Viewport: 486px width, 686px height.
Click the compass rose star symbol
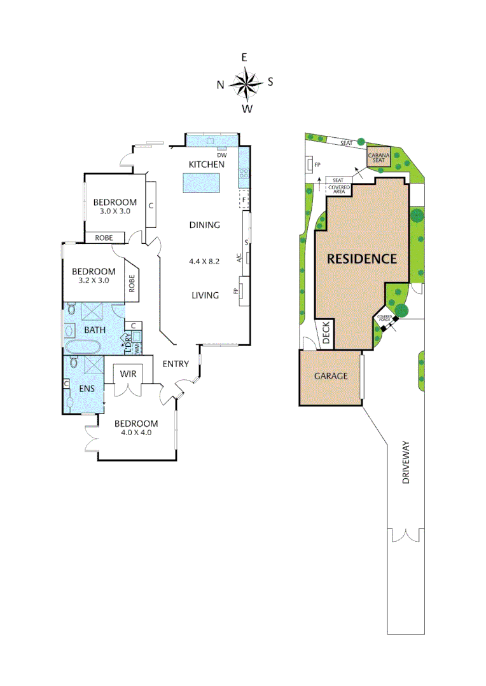(x=246, y=83)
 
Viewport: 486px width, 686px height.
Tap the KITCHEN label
(x=206, y=165)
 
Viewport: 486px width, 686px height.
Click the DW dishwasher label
(x=222, y=155)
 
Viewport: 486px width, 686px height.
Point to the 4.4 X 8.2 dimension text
(x=204, y=260)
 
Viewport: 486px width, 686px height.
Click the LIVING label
(x=205, y=295)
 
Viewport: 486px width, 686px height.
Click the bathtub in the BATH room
(x=82, y=347)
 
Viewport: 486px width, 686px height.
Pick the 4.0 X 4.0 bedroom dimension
(x=135, y=433)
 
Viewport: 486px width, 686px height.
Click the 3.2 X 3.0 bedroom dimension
(x=94, y=280)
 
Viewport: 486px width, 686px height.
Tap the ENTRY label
(x=176, y=364)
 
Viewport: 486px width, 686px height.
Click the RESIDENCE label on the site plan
(x=361, y=259)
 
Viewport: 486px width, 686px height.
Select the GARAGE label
(x=331, y=376)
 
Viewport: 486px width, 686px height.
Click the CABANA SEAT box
(x=379, y=158)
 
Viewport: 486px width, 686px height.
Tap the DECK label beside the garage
(x=326, y=333)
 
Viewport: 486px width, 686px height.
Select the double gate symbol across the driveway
(x=406, y=535)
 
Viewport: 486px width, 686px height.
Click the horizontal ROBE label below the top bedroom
(x=104, y=238)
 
